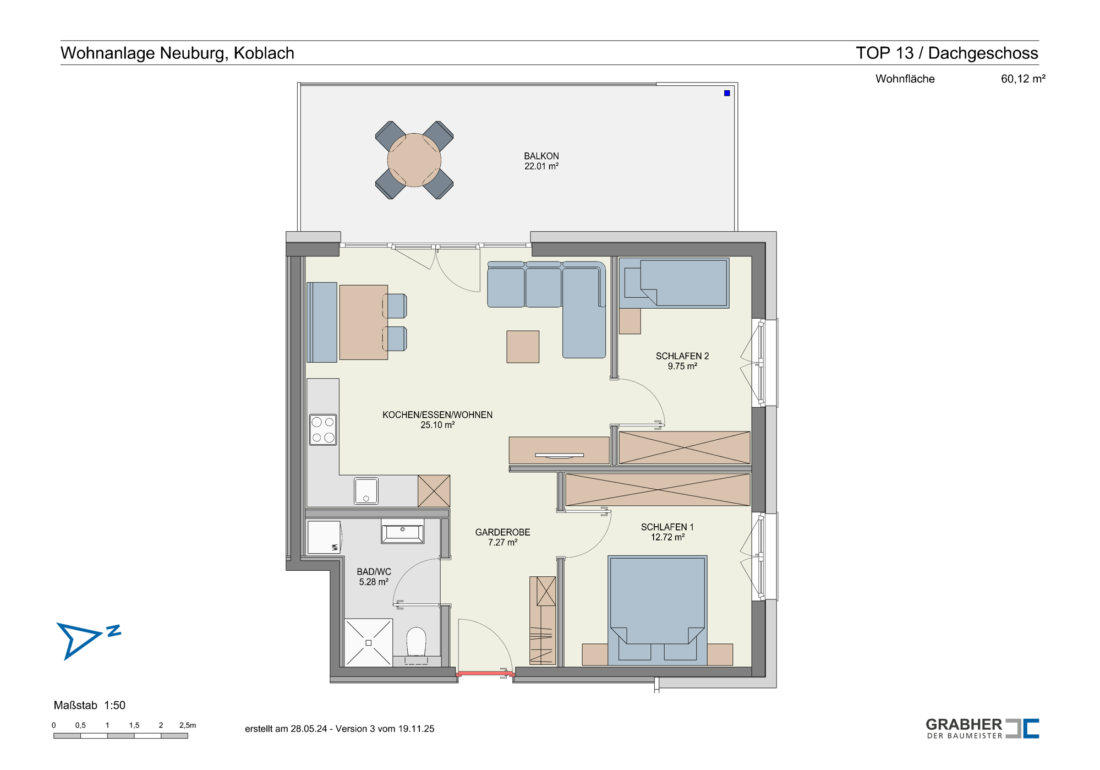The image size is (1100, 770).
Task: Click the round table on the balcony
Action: coord(414,160)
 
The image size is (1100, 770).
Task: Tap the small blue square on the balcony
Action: coord(727,93)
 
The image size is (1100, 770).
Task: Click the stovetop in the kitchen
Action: coord(323,429)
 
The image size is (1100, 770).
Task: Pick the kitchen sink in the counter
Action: coord(366,491)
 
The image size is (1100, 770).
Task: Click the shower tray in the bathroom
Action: coord(369,643)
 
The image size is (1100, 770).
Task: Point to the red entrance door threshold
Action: coord(485,673)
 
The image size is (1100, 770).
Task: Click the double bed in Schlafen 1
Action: coord(658,610)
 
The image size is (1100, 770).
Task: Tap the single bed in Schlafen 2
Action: coord(674,283)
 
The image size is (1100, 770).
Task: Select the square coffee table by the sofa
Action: coord(523,347)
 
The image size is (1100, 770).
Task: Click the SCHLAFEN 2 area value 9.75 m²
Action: coord(682,367)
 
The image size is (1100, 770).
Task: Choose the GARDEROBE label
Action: coord(503,532)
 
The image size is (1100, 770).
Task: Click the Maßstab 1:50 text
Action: coord(90,706)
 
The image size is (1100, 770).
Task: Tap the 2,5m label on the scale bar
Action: coord(188,725)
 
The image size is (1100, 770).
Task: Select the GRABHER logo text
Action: coord(964,724)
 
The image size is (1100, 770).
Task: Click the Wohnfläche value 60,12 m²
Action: coord(1023,79)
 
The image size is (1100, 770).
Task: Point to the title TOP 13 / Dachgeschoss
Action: coord(947,53)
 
